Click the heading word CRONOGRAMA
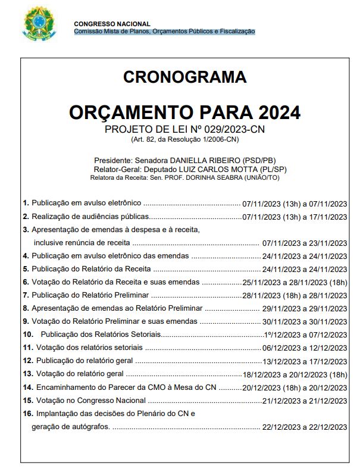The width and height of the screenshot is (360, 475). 184,77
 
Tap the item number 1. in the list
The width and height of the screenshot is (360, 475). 26,202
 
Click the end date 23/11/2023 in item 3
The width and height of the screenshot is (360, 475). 327,243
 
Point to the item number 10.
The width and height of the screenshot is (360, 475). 28,335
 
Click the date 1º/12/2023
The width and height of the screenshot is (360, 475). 283,335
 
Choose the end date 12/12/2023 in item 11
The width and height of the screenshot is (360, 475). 327,348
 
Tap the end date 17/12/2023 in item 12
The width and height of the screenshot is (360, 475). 327,361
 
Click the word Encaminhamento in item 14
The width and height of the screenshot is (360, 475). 66,387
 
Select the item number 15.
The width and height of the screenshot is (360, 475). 28,400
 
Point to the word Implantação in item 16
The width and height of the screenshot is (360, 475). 57,413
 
